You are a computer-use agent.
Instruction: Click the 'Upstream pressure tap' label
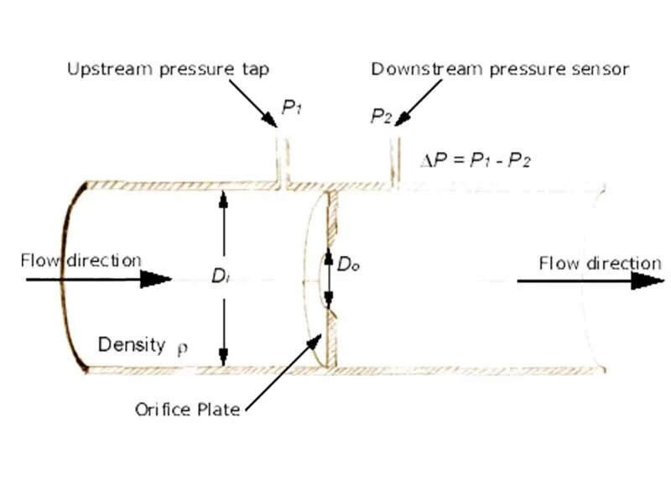click(x=168, y=70)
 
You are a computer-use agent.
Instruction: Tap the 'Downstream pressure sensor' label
click(x=500, y=70)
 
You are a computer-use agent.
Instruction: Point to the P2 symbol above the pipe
click(x=381, y=116)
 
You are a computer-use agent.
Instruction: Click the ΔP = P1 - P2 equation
click(x=476, y=159)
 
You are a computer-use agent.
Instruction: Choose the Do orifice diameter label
click(x=348, y=264)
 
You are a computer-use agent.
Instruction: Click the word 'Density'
click(x=132, y=344)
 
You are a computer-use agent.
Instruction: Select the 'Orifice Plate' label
click(x=187, y=410)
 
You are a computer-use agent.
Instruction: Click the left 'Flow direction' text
click(x=81, y=260)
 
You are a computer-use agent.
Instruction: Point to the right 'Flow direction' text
click(x=600, y=264)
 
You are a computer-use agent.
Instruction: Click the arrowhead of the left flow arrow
click(x=156, y=279)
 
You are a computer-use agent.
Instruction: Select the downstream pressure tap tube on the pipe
click(x=393, y=160)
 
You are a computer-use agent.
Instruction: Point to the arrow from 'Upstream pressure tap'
click(x=252, y=104)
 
